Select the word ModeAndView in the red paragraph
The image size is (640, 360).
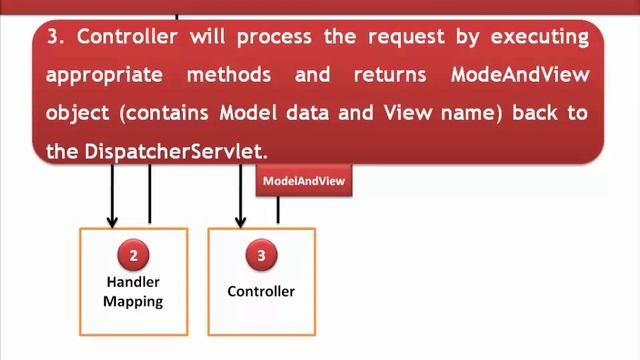520,76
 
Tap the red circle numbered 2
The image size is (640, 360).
133,255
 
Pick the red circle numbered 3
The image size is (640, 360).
261,255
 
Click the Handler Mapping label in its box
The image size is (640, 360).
133,291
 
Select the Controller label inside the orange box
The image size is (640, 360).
261,291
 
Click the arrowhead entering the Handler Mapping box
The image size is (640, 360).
112,221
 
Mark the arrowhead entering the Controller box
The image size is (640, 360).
240,221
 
